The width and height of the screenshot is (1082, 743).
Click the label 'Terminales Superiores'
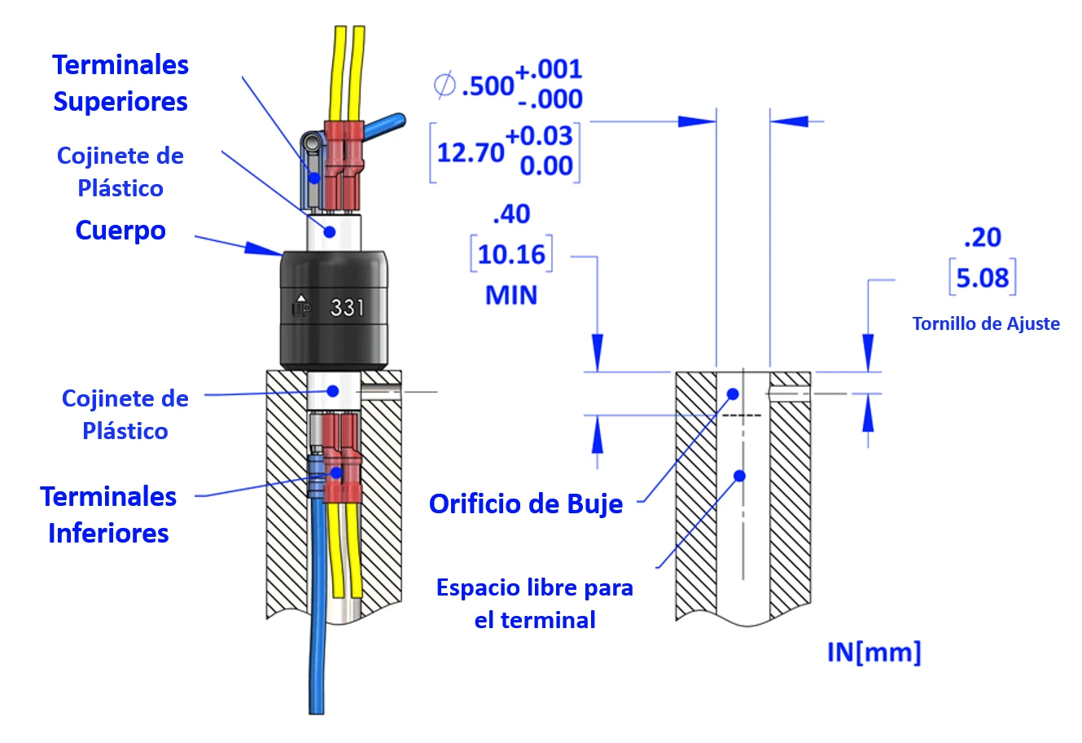click(120, 83)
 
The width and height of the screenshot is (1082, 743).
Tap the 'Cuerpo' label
click(120, 231)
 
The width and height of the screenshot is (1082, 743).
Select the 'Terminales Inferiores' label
click(108, 514)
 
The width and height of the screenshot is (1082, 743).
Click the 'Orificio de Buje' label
click(526, 503)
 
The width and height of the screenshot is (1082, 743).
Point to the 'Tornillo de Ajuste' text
click(986, 323)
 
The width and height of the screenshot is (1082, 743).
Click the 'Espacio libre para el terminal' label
click(535, 604)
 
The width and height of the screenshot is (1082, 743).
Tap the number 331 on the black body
click(348, 308)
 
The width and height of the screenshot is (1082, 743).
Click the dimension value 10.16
click(511, 254)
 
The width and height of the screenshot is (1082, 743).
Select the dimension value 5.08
click(983, 278)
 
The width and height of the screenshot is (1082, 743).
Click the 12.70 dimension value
click(471, 152)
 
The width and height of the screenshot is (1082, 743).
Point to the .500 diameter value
click(488, 85)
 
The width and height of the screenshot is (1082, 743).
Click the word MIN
click(511, 295)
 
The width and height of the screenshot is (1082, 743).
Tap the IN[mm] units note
click(874, 652)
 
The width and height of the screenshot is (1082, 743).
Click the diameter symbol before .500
click(445, 85)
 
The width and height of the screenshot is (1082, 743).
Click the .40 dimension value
click(511, 214)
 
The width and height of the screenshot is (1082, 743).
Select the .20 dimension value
click(982, 237)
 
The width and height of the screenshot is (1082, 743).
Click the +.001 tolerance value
click(549, 69)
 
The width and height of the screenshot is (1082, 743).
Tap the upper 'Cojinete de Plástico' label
click(120, 172)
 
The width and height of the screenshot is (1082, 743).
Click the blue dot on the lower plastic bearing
click(332, 391)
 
